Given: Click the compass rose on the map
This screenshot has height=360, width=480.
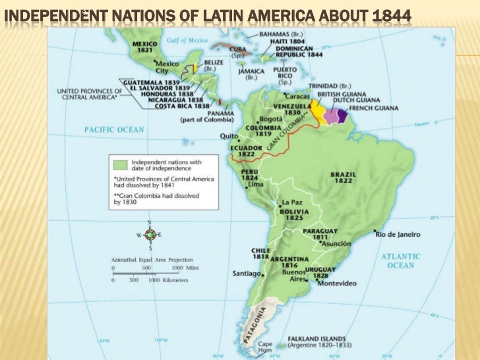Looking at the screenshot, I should point(150,234).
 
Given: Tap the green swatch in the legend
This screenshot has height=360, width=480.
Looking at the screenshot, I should point(121,163).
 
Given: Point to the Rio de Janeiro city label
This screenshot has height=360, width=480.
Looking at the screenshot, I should point(397,234).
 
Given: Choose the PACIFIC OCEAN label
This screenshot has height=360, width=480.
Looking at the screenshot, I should point(113,130).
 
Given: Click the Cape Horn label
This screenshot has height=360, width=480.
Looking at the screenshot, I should point(265,347).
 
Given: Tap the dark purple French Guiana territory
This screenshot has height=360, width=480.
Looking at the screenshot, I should point(342,115).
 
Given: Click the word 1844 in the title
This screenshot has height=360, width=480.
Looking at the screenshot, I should point(391,13).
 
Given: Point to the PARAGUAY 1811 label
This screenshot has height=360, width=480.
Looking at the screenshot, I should point(321,234).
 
